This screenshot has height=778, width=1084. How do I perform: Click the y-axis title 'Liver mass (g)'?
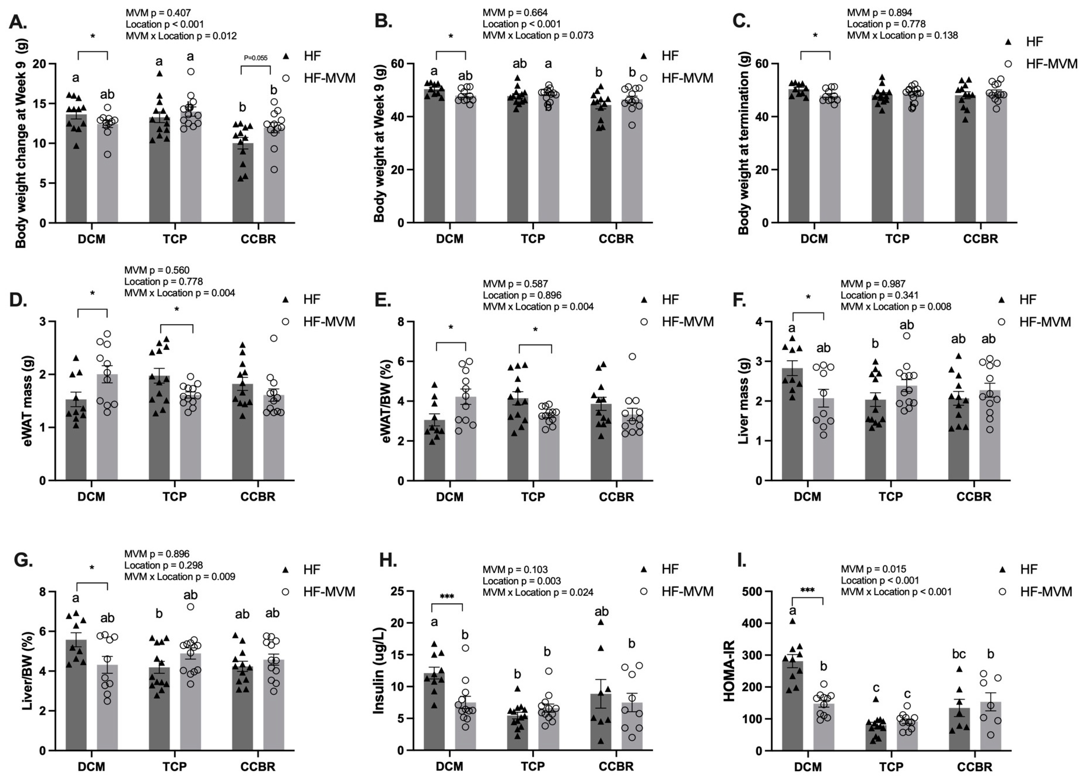click(743, 401)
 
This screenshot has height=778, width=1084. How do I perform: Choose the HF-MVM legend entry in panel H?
click(687, 591)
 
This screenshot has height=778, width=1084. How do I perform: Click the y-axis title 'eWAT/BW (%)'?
click(387, 401)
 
